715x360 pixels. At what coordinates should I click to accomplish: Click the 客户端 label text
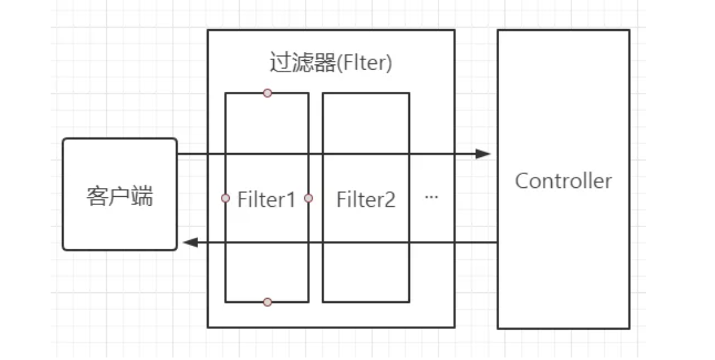tap(120, 197)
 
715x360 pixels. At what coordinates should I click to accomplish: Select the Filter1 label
tap(266, 200)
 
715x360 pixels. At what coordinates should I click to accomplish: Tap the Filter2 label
tap(366, 200)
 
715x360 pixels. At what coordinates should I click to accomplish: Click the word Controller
tap(563, 181)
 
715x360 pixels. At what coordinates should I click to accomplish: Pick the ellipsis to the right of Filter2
tap(432, 197)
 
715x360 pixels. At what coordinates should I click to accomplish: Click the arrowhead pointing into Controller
tap(483, 154)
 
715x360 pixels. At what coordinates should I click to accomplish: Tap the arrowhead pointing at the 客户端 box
tap(189, 242)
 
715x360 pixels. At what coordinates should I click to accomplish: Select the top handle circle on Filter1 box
tap(268, 93)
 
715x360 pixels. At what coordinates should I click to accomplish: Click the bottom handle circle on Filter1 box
tap(268, 302)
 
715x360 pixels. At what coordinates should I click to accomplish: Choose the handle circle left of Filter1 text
tap(225, 198)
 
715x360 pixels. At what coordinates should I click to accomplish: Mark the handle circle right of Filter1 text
tap(309, 198)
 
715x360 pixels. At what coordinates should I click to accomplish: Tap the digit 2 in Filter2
tap(390, 200)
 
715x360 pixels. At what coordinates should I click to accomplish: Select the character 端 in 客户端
tap(142, 197)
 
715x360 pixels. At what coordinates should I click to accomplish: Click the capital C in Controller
tap(522, 181)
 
